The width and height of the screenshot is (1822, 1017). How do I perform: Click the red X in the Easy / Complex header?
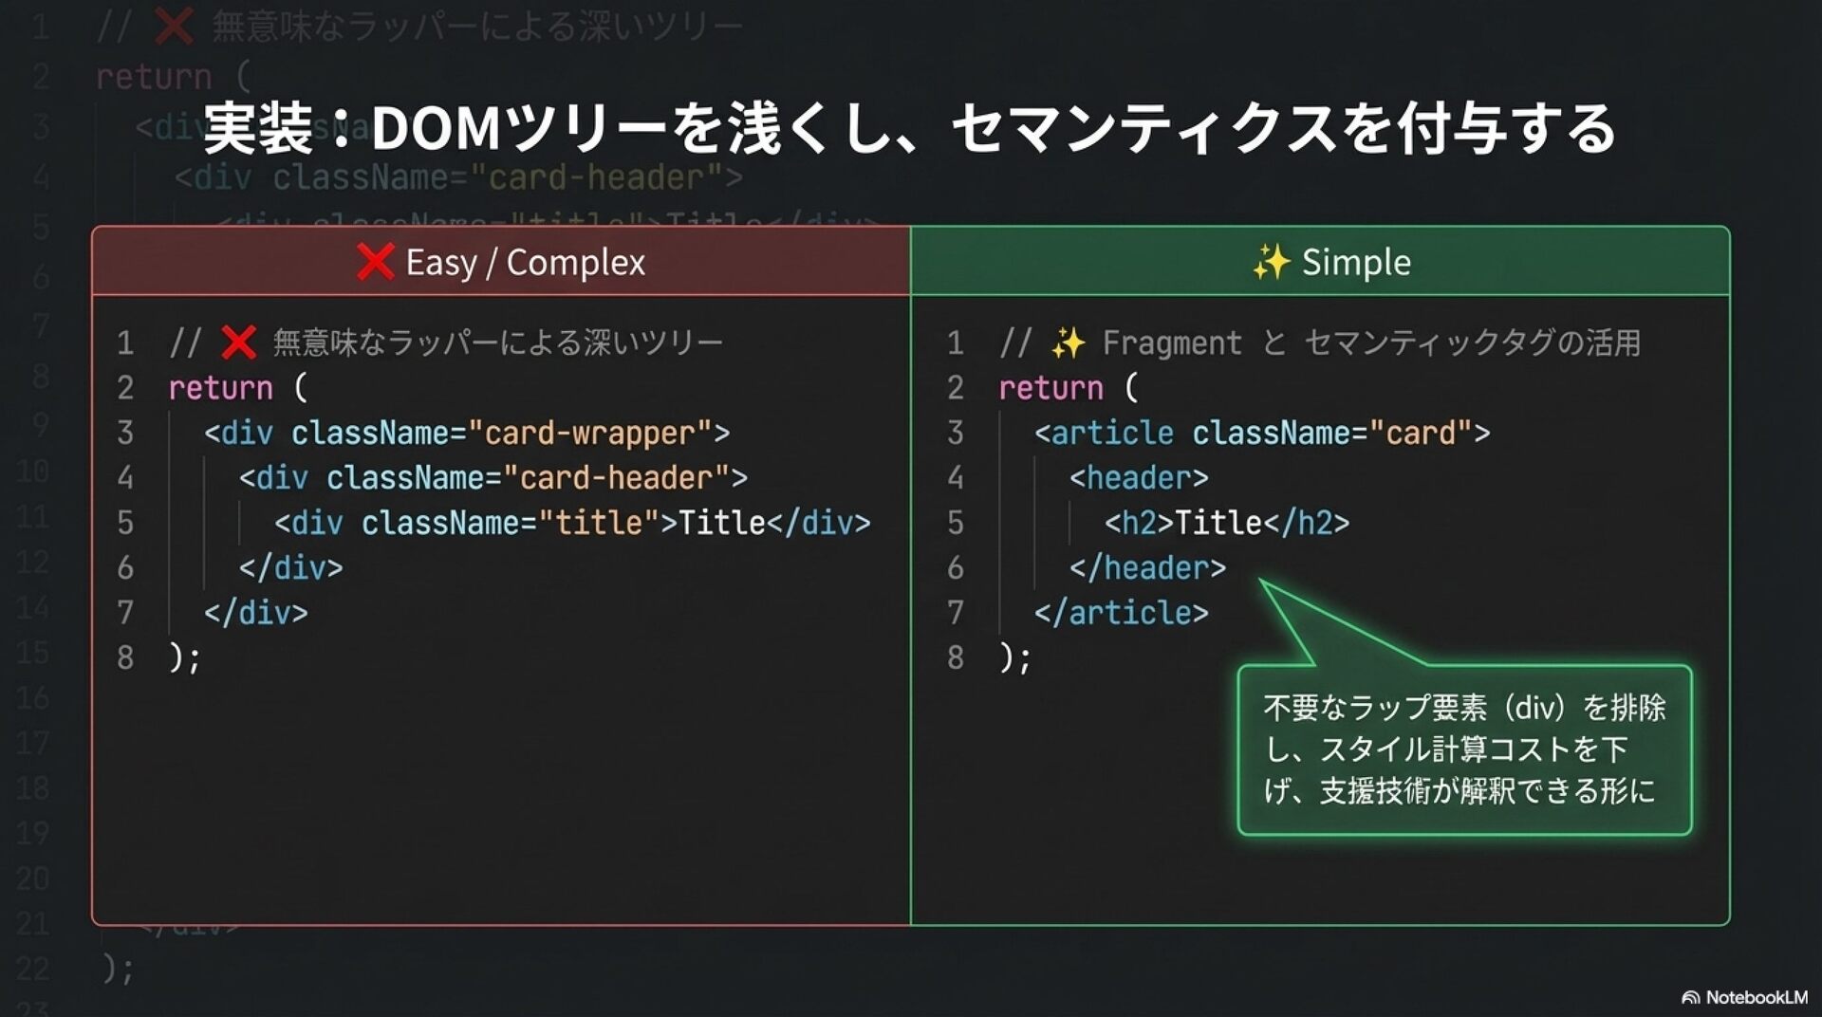(375, 261)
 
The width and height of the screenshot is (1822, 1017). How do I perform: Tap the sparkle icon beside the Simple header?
(1271, 262)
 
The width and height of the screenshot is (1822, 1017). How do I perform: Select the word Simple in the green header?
(1356, 262)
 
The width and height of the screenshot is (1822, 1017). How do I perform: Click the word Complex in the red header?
(576, 262)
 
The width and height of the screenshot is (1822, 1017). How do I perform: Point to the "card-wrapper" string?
(589, 433)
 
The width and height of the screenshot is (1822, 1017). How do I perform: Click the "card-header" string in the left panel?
(616, 477)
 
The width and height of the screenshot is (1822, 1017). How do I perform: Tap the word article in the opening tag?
(1112, 433)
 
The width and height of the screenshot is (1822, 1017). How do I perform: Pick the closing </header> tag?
(1147, 567)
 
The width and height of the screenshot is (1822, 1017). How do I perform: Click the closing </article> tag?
(1121, 612)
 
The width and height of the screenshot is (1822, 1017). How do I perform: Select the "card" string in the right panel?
(1421, 433)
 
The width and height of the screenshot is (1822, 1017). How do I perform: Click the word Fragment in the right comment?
(1172, 342)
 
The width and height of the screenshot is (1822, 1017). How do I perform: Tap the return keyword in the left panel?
(220, 388)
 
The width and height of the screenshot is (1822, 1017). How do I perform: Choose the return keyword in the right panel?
(1050, 388)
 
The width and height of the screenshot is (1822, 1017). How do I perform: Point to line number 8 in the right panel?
(956, 656)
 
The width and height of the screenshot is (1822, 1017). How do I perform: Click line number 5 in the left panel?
(125, 522)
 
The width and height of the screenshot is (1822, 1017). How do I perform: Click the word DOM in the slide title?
(436, 129)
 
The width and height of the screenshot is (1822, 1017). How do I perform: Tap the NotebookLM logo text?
(1756, 997)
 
